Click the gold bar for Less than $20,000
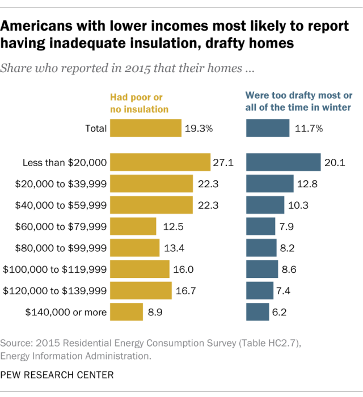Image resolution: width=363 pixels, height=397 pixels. [x=160, y=163]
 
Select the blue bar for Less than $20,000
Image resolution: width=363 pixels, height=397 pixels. [x=284, y=163]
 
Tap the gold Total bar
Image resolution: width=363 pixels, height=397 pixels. [x=145, y=128]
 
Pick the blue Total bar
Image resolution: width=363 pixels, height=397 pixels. [x=268, y=128]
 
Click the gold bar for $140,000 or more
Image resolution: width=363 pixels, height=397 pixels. [x=126, y=312]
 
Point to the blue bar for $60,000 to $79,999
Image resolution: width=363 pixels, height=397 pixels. [x=261, y=226]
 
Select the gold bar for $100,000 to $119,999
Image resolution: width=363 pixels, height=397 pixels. [x=140, y=269]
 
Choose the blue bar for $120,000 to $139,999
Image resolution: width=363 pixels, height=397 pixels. [x=260, y=290]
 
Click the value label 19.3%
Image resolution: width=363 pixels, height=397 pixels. [x=199, y=128]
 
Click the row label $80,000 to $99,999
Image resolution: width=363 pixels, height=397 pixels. [x=55, y=248]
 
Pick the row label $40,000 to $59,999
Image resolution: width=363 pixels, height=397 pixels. [x=55, y=205]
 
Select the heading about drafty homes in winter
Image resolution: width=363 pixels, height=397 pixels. [x=298, y=101]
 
